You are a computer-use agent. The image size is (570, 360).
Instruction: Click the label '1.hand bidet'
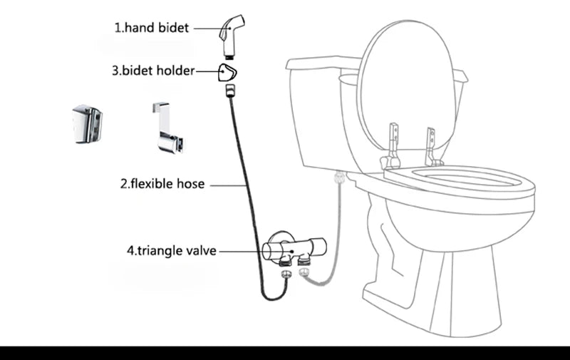[152, 29]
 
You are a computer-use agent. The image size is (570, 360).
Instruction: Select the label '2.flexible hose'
[162, 184]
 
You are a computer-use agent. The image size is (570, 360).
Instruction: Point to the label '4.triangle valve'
[171, 251]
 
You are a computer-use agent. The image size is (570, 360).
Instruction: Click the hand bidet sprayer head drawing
[230, 31]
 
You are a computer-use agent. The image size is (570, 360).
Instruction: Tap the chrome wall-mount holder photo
[88, 124]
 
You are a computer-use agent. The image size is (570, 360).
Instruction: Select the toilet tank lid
[321, 63]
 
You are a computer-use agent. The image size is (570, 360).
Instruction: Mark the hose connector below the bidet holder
[229, 91]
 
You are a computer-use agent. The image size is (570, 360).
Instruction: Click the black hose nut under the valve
[284, 272]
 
